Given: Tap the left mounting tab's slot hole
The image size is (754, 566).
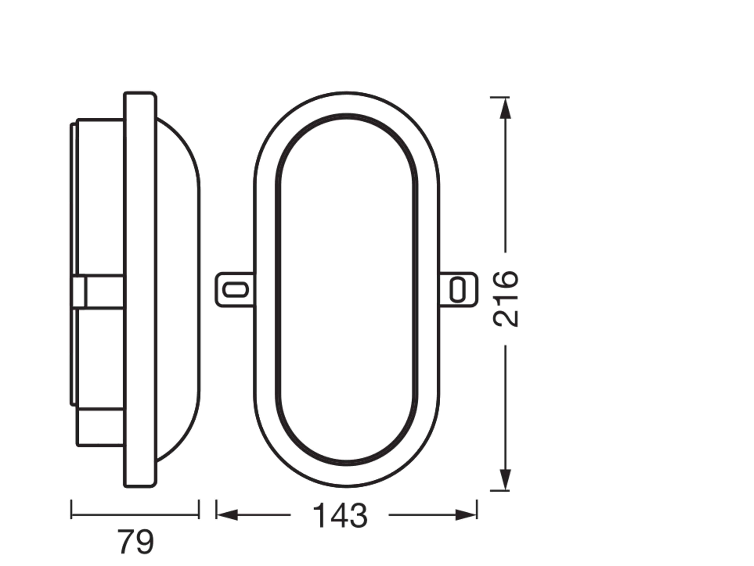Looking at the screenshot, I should (235, 290).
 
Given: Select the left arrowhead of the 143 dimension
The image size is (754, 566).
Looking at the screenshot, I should (227, 515).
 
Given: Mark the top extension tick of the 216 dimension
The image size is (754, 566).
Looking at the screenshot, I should (500, 97).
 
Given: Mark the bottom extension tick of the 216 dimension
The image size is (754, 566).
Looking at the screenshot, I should (500, 491).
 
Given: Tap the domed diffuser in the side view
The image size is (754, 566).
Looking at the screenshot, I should (177, 290).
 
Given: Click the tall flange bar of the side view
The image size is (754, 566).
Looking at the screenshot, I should (140, 290).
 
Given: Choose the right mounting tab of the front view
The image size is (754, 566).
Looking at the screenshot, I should (458, 290).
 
